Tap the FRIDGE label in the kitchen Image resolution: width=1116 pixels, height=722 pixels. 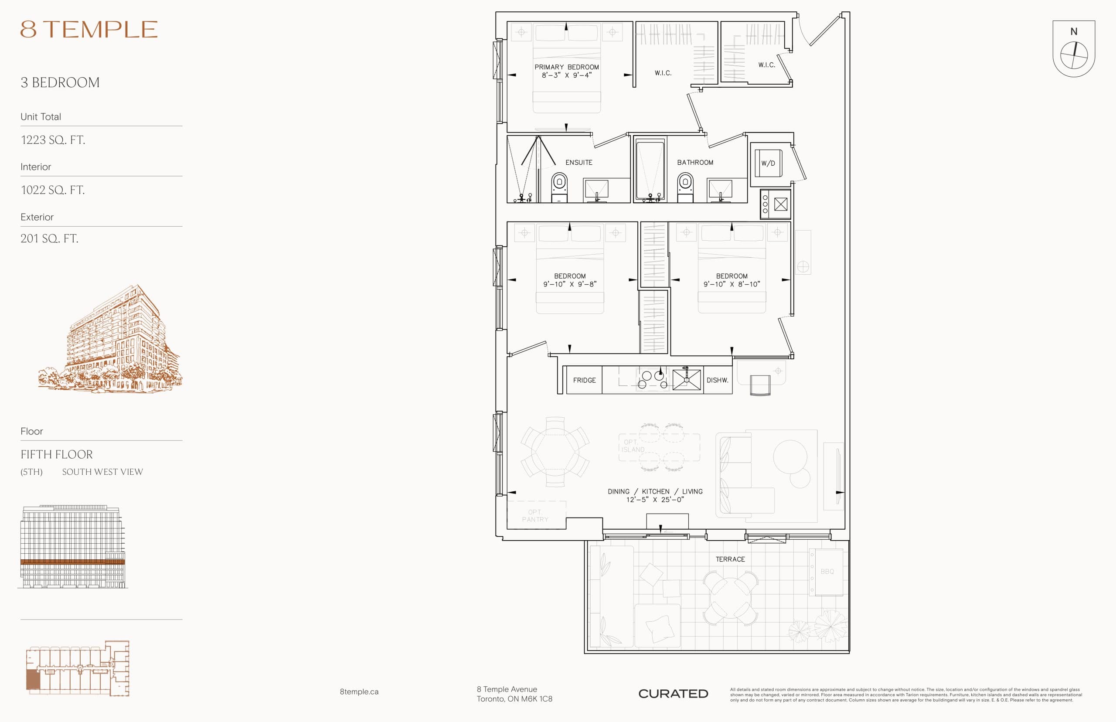[584, 380]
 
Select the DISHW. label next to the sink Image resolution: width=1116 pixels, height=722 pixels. [717, 380]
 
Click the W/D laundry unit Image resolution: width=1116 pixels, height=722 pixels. [768, 163]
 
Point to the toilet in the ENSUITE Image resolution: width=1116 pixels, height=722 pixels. [559, 187]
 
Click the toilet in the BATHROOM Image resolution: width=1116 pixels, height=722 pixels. [685, 187]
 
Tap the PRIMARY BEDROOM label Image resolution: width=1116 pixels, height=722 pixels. [566, 67]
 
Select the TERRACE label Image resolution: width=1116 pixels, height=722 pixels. [730, 559]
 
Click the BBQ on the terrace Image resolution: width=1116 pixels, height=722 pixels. [827, 572]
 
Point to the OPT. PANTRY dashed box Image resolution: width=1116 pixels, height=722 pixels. [536, 515]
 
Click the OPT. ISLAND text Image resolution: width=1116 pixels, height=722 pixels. [633, 446]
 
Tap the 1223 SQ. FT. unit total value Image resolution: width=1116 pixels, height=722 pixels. [53, 140]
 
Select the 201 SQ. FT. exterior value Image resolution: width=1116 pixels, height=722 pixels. [49, 238]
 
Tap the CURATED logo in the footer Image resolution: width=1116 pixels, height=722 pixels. [673, 694]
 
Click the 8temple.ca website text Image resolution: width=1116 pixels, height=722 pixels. [359, 691]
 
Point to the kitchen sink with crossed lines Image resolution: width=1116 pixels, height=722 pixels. [686, 380]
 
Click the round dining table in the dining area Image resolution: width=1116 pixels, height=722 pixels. [555, 452]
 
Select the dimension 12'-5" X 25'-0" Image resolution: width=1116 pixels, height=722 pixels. [655, 500]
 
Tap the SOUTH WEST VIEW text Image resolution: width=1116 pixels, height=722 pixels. [102, 472]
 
